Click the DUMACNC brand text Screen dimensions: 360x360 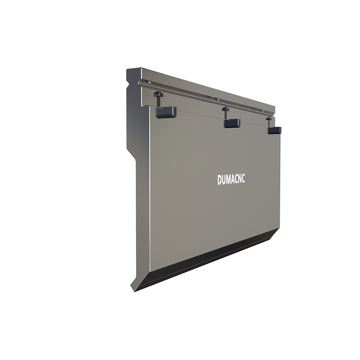point(231,180)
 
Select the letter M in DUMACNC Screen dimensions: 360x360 point(228,180)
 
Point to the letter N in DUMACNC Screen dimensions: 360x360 point(239,179)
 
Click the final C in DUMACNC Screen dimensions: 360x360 point(243,179)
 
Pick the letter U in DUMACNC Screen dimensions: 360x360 point(224,180)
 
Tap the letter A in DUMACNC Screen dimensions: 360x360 point(233,180)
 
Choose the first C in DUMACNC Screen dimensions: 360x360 point(236,180)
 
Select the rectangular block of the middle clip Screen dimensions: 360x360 point(232,123)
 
